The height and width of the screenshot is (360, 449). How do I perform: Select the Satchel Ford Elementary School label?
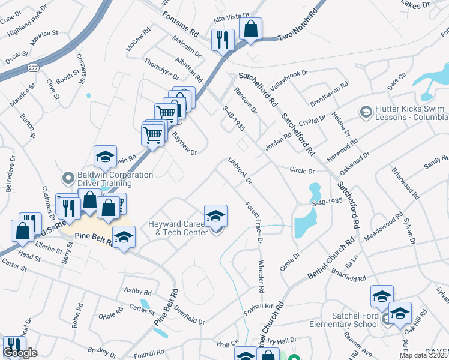pos(356,320)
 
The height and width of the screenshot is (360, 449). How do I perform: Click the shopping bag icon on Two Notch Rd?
pos(250,28)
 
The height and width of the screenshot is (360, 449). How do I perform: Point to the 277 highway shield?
pos(32,68)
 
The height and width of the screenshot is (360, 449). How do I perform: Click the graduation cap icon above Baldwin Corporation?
pos(105,157)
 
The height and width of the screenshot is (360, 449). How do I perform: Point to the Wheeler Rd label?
pos(261,277)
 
